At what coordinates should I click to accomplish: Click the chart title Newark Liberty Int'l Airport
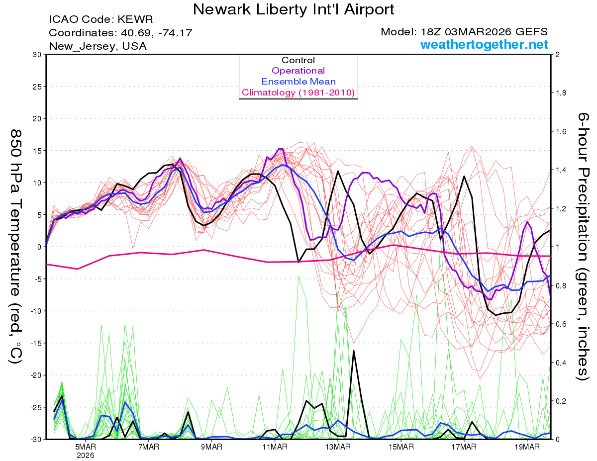click(294, 9)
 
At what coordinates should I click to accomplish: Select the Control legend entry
click(298, 60)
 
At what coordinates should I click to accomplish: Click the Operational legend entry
click(298, 71)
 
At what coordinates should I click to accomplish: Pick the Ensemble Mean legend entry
click(298, 82)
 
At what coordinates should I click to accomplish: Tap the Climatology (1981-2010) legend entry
click(298, 92)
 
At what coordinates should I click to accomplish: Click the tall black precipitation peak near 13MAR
click(354, 351)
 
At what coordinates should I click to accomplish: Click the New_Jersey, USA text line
click(98, 46)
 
